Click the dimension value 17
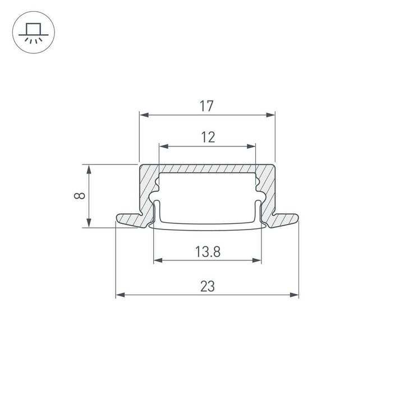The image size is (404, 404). pos(208,105)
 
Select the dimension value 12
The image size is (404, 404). pos(208,137)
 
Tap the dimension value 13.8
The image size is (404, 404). pos(208,252)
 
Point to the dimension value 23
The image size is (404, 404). pos(208,286)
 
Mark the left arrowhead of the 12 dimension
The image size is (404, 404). pos(163,146)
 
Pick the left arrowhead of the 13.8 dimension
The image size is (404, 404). pos(157,260)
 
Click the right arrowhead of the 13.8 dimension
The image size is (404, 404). pos(258,260)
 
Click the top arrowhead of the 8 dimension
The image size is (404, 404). pos(89,168)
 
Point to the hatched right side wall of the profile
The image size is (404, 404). pos(268,191)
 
